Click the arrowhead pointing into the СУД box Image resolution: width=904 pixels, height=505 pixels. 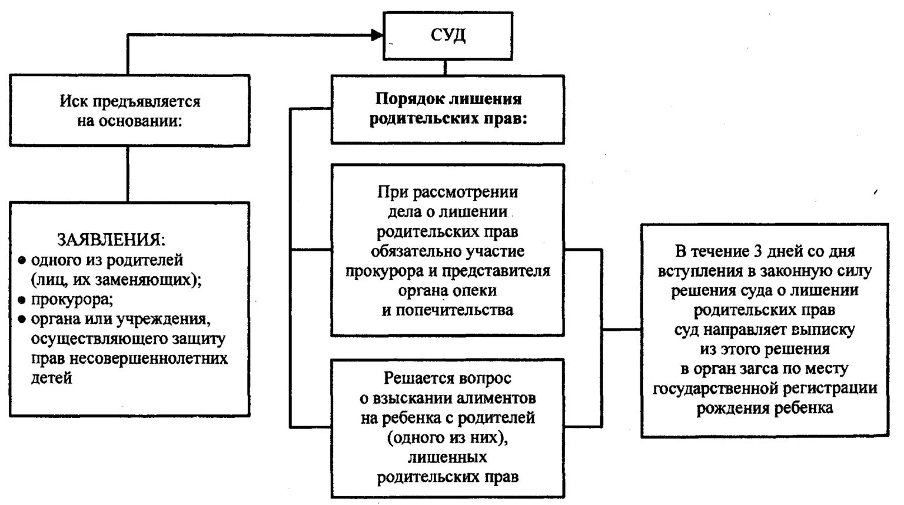coord(377,35)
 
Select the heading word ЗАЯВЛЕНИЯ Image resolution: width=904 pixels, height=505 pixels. coord(111,240)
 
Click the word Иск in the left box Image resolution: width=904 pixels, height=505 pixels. coord(72,102)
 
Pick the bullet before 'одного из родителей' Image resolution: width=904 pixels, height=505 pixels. coord(22,260)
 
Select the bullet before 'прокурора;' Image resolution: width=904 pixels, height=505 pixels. coord(22,300)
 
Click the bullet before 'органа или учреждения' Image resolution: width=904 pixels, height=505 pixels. coord(22,320)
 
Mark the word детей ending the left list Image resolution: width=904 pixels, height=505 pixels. coord(52,378)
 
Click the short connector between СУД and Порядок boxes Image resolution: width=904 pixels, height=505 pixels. coord(445,67)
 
